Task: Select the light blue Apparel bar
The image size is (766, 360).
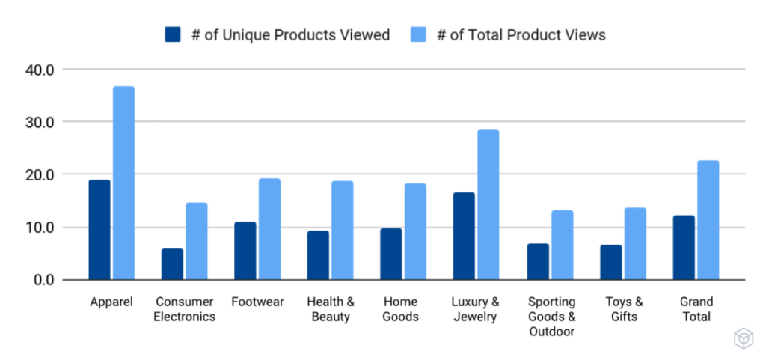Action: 123,183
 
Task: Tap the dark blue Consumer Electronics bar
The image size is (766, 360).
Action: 172,264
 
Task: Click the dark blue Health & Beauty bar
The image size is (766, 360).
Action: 318,255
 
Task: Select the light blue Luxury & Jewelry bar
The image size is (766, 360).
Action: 488,205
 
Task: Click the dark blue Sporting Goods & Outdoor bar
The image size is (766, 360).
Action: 538,262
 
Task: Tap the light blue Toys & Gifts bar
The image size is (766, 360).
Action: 635,244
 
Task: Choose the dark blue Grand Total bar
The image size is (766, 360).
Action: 684,248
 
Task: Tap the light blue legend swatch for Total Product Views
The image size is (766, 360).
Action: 418,35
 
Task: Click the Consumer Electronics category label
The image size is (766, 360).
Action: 185,309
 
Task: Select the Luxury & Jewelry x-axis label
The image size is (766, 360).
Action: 475,309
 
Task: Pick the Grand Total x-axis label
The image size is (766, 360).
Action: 696,309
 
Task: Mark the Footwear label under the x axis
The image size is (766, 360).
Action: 257,302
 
